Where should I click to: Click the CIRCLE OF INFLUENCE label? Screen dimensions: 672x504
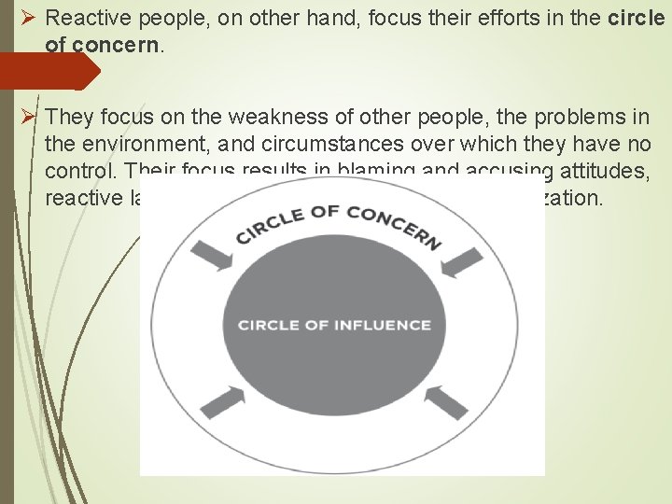click(x=334, y=325)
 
